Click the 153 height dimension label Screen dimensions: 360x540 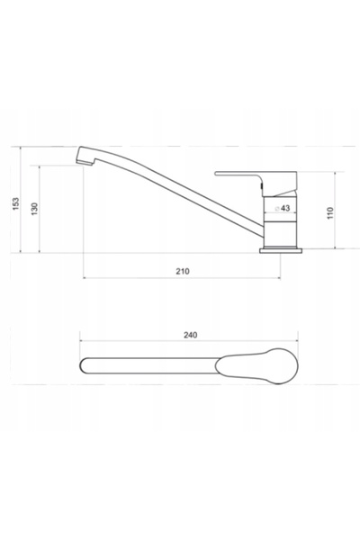(x=16, y=204)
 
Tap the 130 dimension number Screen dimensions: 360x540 (x=34, y=209)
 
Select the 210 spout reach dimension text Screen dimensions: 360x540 (x=183, y=272)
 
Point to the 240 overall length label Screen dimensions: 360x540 (x=191, y=335)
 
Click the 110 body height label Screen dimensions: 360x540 (x=330, y=213)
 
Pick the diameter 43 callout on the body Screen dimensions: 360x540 (x=283, y=209)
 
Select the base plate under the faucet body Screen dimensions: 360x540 (x=281, y=251)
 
